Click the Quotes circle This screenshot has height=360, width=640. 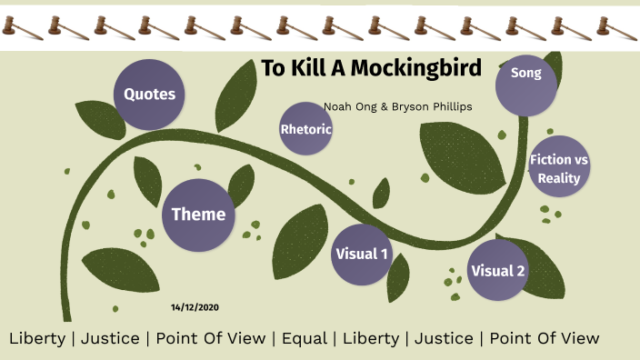tap(149, 94)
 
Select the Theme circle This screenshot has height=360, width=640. tap(198, 215)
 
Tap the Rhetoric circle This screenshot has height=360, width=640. tap(305, 129)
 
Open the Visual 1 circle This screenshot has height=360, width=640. tap(361, 254)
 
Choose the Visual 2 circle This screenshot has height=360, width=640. tap(497, 270)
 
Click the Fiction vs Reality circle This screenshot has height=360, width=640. tap(558, 168)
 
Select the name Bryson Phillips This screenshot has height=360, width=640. tap(432, 106)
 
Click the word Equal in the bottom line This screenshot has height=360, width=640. tap(305, 338)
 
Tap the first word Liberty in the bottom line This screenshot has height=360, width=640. tap(36, 338)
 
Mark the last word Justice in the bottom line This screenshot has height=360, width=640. tap(444, 338)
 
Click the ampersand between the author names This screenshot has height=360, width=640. tap(384, 106)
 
